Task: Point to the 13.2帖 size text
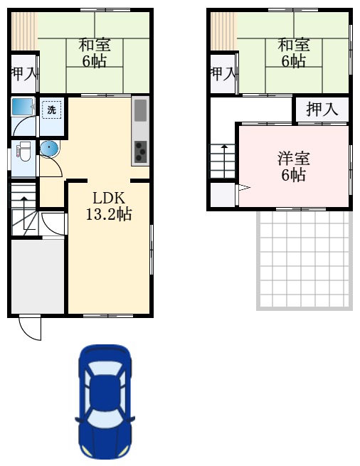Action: click(x=108, y=214)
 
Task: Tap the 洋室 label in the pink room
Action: click(x=294, y=159)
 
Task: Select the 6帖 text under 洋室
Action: click(x=294, y=174)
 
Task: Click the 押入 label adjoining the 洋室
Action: click(x=322, y=110)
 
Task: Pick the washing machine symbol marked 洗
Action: click(x=51, y=110)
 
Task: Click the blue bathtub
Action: click(x=23, y=108)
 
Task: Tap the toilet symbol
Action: click(x=22, y=152)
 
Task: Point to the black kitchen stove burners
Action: click(x=140, y=151)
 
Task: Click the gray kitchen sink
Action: click(x=140, y=110)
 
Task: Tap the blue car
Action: click(x=105, y=401)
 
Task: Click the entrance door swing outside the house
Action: click(x=31, y=328)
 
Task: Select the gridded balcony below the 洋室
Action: click(x=305, y=259)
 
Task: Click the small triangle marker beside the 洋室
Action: click(x=243, y=189)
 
